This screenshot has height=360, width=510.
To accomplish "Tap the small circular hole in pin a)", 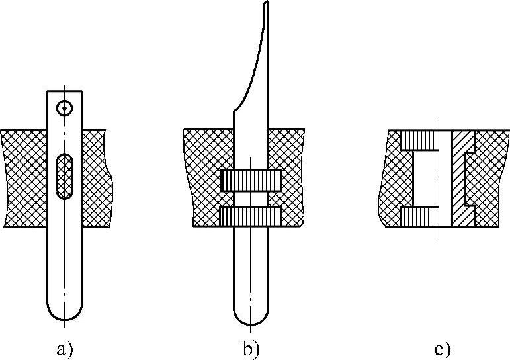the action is point(64,108).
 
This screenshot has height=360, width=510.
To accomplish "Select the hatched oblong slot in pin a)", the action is point(64,176).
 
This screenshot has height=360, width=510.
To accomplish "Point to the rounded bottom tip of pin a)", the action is point(64,314).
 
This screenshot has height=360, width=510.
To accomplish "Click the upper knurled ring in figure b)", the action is point(251,179).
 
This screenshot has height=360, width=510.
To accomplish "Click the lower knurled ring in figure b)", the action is point(251,216).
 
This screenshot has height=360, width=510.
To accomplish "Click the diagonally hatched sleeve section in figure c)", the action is point(462,177).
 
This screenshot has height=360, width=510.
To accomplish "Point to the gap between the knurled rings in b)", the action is point(251,198).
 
